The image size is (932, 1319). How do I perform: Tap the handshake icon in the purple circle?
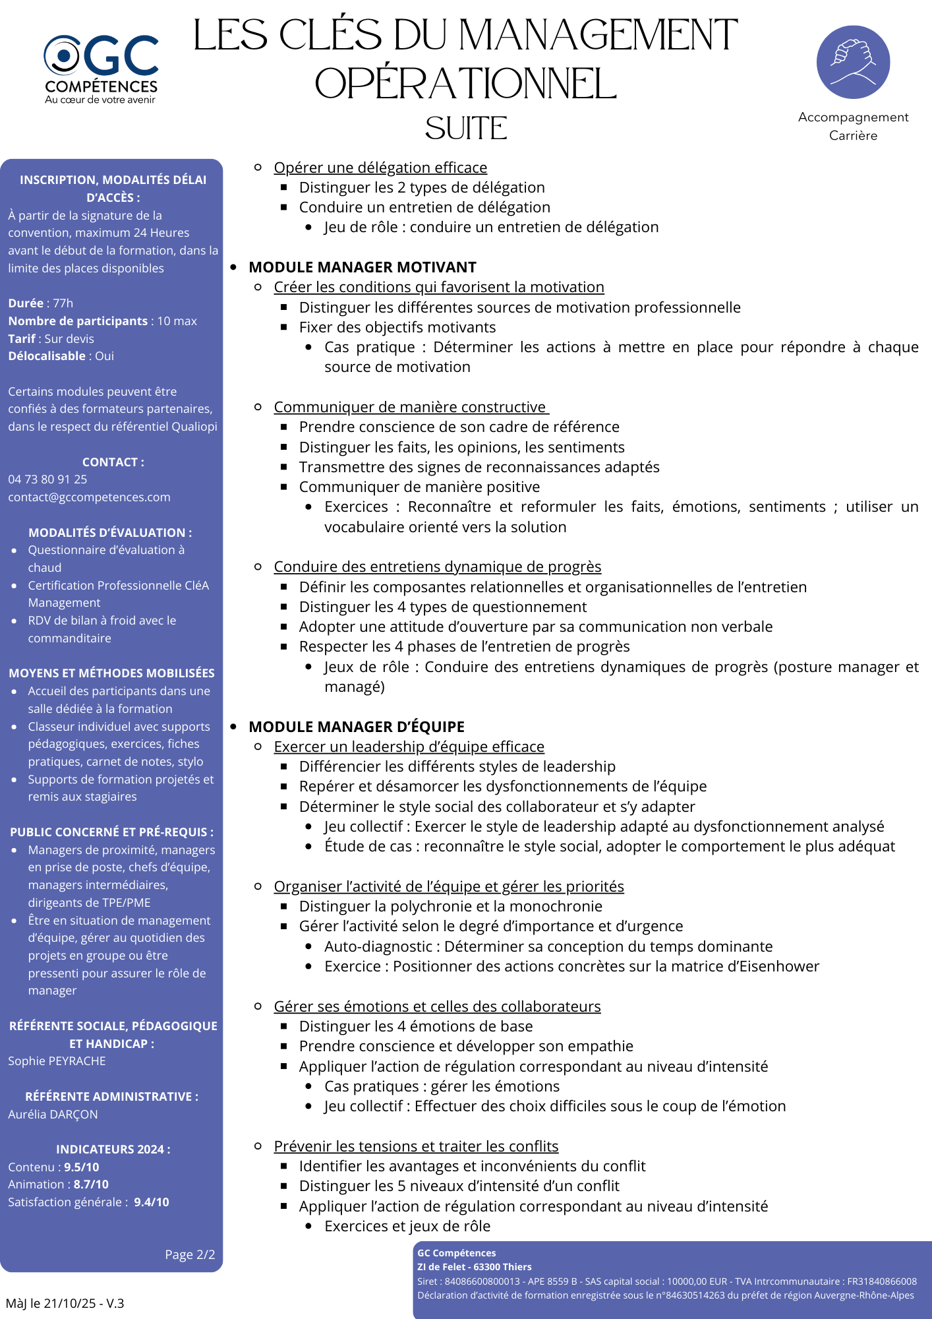853,62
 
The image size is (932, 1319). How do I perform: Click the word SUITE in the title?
466,129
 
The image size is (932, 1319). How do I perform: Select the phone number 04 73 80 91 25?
47,479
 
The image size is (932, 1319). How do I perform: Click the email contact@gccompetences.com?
89,497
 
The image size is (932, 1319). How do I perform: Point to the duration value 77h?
63,303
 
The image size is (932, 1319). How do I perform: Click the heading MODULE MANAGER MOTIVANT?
362,267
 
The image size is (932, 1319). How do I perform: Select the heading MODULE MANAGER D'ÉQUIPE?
356,727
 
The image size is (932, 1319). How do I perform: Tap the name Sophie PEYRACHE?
57,1061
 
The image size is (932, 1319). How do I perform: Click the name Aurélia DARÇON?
53,1115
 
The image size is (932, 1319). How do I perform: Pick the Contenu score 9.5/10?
82,1167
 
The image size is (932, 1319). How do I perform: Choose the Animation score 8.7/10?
91,1184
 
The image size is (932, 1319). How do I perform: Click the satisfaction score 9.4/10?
152,1202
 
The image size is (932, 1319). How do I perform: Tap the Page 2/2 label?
190,1254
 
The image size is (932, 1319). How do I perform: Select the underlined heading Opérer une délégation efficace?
380,168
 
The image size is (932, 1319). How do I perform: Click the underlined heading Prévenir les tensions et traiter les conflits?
416,1146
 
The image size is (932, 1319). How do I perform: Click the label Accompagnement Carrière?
853,126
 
